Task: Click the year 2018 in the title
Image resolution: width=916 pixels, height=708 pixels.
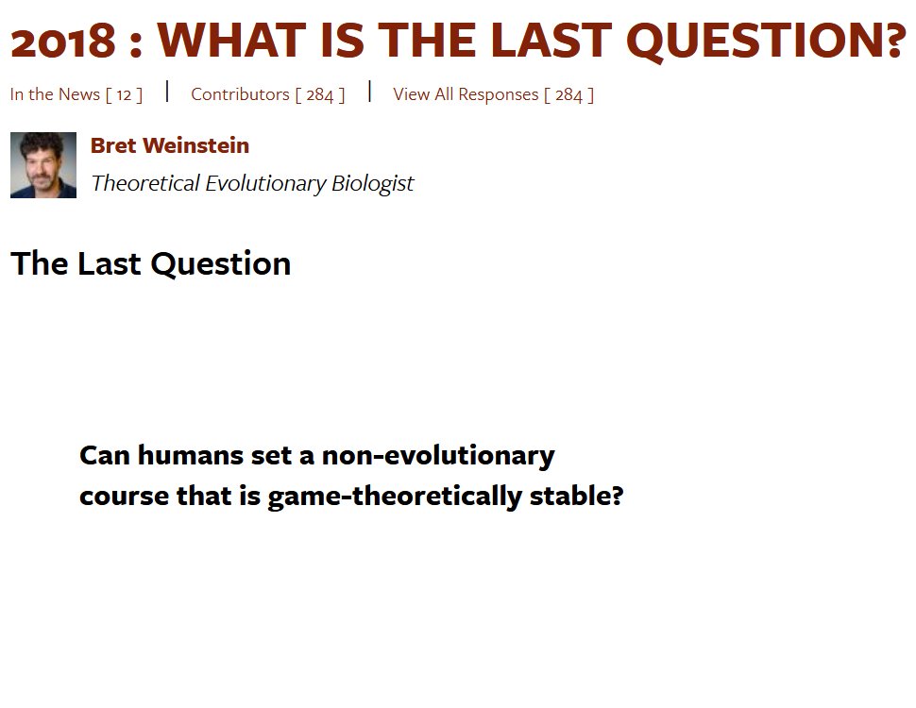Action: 63,42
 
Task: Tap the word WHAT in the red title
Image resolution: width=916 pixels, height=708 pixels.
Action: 231,40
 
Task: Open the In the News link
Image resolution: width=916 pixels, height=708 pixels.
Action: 76,94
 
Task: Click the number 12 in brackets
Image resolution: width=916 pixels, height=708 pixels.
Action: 124,94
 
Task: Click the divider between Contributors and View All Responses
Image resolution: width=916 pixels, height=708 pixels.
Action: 370,92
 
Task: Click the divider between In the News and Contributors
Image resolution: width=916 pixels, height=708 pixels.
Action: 167,92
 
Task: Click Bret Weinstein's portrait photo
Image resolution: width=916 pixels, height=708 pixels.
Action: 43,165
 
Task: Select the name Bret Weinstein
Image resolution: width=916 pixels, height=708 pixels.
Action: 170,145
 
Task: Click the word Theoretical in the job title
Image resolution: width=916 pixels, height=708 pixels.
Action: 145,183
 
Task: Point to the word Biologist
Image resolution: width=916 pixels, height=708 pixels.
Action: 373,183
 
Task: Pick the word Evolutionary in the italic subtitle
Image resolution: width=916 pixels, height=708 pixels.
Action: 265,184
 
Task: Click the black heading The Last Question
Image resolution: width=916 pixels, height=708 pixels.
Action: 151,263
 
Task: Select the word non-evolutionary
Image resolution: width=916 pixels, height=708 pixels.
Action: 438,456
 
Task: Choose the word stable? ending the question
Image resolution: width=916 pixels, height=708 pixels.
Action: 577,496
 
